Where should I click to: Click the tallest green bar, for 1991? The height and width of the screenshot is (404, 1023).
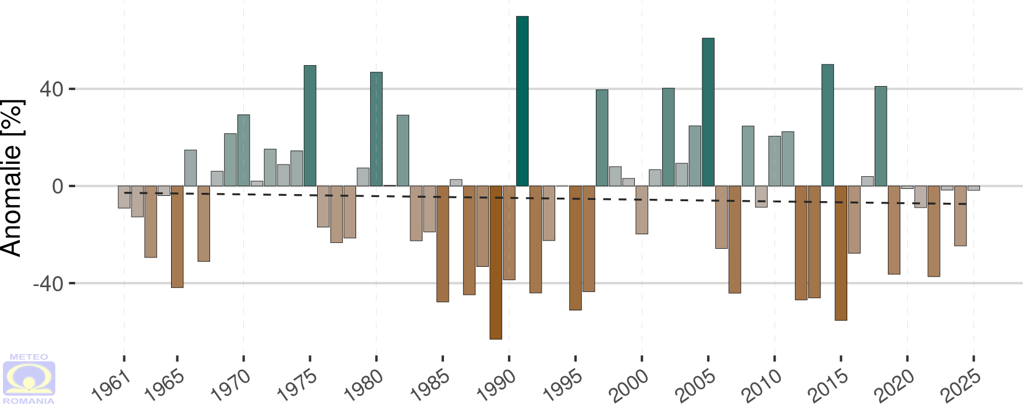[x=522, y=101]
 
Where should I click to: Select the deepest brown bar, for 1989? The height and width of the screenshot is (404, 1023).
[x=496, y=262]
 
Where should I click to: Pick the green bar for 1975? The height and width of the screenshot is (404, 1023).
[x=310, y=126]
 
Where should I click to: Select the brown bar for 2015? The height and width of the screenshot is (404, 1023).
[x=841, y=253]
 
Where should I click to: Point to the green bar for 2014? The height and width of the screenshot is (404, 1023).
[x=827, y=125]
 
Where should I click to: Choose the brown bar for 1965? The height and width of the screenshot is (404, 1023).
[x=177, y=237]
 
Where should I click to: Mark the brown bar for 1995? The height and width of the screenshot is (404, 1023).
[x=576, y=248]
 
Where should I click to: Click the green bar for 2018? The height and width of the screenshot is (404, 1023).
[x=880, y=136]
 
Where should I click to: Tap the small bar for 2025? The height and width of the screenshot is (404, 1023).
[x=974, y=188]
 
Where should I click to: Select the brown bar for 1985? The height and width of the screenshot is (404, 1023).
[x=443, y=244]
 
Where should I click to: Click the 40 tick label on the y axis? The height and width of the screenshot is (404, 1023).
[x=51, y=90]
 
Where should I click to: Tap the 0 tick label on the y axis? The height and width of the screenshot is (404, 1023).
[x=58, y=187]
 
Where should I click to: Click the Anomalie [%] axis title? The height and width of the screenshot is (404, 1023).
[x=13, y=178]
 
